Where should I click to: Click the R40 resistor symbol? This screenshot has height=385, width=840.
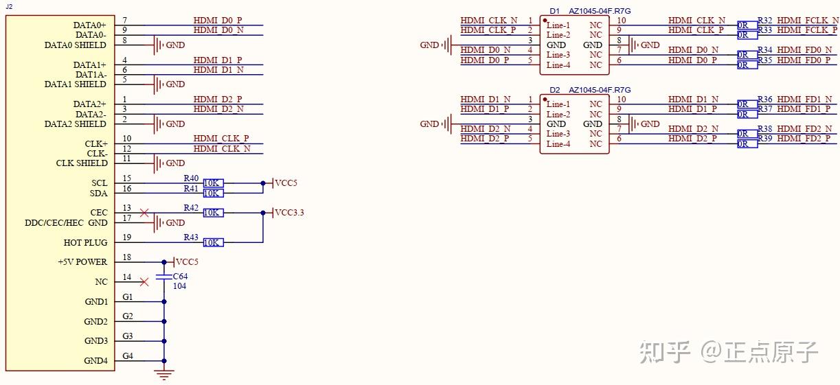point(213,183)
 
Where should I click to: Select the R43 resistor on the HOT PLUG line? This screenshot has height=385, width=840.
point(213,242)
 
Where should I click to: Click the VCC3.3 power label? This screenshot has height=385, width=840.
point(289,213)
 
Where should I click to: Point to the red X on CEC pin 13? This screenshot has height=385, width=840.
point(144,213)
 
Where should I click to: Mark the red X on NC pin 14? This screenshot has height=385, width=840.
point(144,281)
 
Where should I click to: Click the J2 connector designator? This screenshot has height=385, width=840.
point(8,6)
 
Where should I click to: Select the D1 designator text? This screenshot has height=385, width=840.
point(555,11)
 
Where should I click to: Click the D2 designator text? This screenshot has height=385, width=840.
point(555,90)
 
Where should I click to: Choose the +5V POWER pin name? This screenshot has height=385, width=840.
point(82,262)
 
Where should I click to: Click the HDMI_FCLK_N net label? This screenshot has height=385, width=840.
point(807,21)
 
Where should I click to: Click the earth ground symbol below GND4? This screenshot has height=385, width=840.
point(163,374)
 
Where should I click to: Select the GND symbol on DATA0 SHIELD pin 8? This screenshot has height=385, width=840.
point(159,45)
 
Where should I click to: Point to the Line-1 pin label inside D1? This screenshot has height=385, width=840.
point(558,25)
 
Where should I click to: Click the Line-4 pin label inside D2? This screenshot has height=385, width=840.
point(558,144)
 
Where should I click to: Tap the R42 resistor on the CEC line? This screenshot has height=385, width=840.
point(213,213)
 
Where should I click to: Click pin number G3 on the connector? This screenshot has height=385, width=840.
point(128,336)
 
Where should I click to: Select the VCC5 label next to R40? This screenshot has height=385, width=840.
point(286,183)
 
